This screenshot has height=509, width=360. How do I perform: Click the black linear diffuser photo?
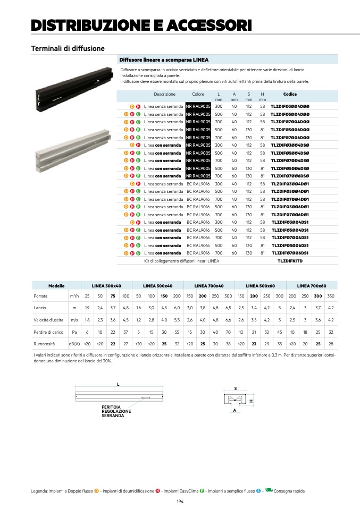coord(74,89)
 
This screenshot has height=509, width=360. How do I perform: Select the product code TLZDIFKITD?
coord(290,261)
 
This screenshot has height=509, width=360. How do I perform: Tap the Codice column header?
coord(290,94)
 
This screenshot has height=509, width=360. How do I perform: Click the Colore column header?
coord(198,94)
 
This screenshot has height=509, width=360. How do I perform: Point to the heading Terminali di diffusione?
coord(68,49)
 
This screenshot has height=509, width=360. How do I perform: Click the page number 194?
coord(180,502)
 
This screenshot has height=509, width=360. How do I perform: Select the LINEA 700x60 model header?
coord(312,286)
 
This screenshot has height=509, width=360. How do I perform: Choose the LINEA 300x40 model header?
coord(106,286)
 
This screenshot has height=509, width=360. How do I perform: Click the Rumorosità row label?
coord(44,344)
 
